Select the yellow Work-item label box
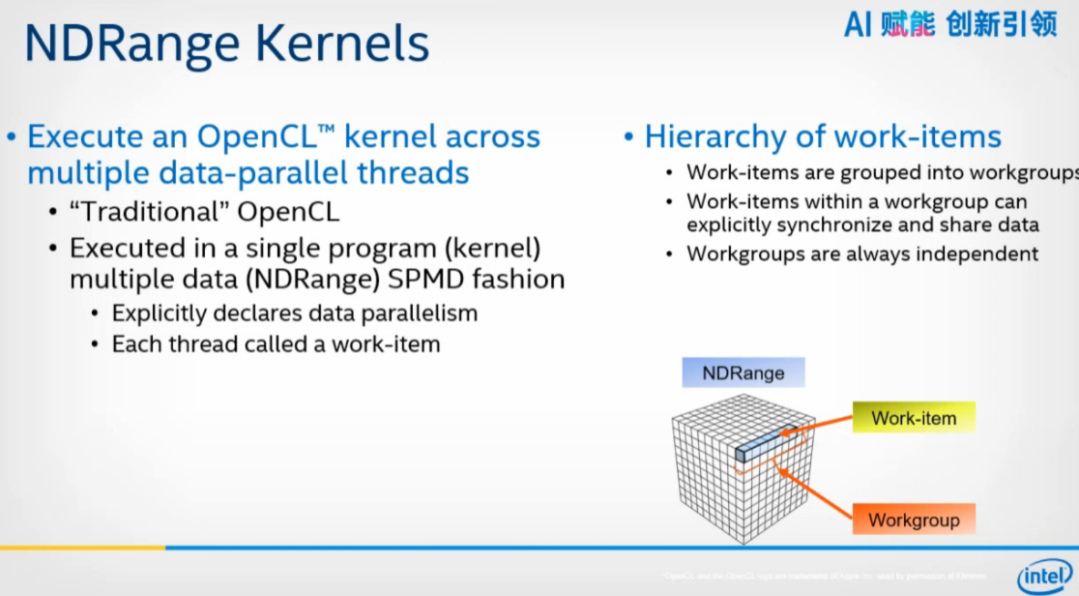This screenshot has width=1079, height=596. point(914,419)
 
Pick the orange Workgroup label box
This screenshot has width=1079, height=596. point(914,520)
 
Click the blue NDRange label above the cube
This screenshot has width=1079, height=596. point(743,372)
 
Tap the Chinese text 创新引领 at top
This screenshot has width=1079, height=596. point(1002,24)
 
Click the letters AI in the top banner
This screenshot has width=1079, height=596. point(858,24)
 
